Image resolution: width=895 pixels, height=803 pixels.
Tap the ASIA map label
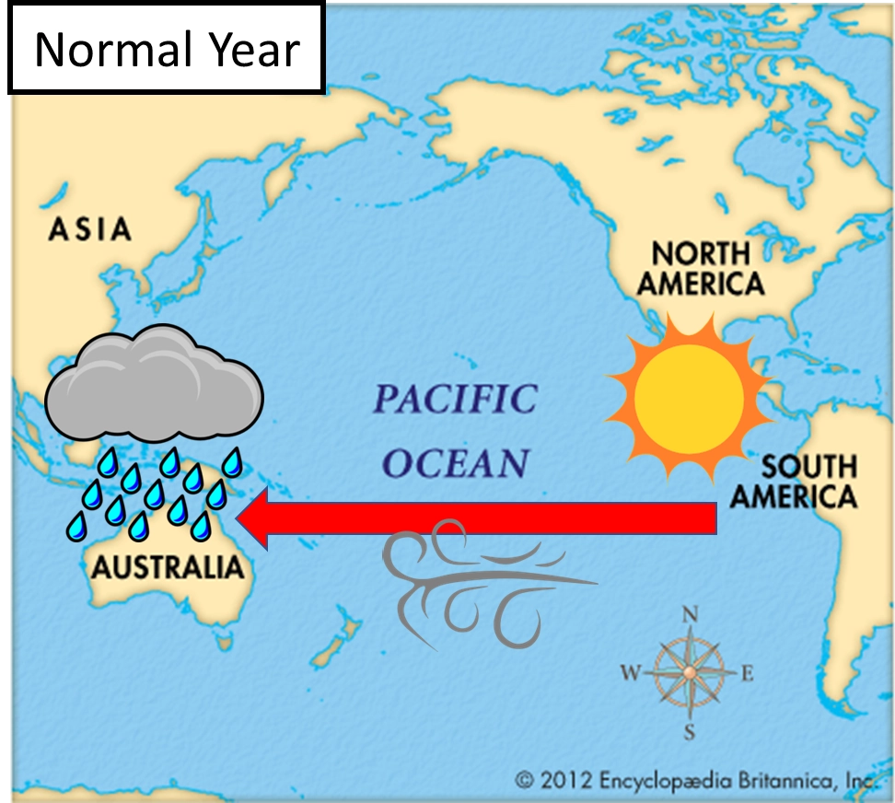tap(89, 228)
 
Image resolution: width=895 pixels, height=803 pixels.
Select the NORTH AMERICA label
tap(701, 268)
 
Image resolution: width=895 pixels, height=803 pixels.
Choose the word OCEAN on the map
tap(456, 463)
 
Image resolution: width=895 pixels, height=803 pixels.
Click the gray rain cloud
tap(154, 384)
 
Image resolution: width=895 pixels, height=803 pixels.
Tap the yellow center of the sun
tap(689, 396)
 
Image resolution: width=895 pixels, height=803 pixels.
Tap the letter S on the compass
tap(689, 733)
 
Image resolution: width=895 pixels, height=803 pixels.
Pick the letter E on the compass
tap(747, 674)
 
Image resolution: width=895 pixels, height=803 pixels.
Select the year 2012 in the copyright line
tap(564, 781)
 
